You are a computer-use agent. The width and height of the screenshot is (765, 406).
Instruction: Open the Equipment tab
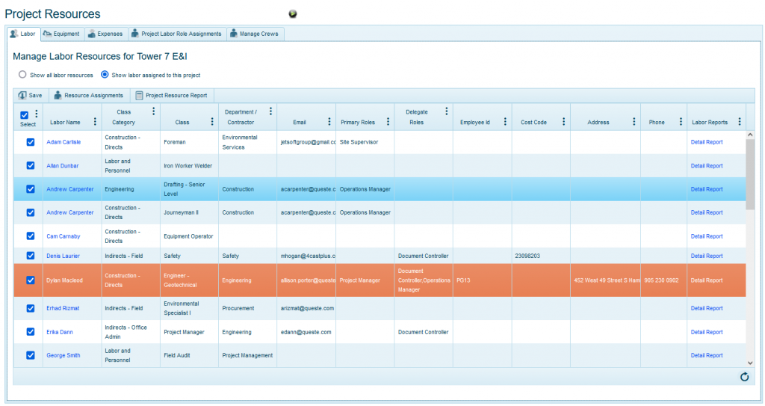[61, 34]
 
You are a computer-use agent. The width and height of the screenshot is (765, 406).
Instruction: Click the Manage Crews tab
[255, 34]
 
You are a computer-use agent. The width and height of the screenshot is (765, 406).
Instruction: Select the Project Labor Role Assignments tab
[176, 34]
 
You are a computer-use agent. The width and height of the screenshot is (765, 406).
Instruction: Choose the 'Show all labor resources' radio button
[22, 75]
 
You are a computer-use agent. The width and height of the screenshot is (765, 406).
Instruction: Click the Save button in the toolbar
[30, 95]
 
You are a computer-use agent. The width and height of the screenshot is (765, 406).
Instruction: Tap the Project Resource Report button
[171, 95]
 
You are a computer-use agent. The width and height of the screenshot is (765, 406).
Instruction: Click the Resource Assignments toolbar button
[88, 95]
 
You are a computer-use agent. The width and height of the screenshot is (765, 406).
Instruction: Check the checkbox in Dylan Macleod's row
[31, 280]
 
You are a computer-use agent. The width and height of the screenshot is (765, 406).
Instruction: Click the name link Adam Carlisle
[64, 142]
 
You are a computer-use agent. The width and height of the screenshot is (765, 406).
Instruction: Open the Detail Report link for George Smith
[706, 355]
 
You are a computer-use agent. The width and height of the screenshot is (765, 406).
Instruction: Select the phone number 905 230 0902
[661, 280]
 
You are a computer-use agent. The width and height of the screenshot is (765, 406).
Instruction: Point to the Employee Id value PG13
[463, 280]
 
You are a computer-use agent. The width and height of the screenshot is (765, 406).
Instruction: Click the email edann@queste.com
[306, 332]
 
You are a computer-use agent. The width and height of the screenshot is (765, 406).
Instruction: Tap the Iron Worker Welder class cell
[188, 166]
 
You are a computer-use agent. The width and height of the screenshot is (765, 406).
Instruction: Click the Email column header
[299, 123]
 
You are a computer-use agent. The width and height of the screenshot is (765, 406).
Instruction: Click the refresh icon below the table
[744, 377]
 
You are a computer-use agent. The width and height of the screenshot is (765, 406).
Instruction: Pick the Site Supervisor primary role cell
[359, 142]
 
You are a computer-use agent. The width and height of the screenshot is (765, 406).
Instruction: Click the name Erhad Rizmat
[63, 308]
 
